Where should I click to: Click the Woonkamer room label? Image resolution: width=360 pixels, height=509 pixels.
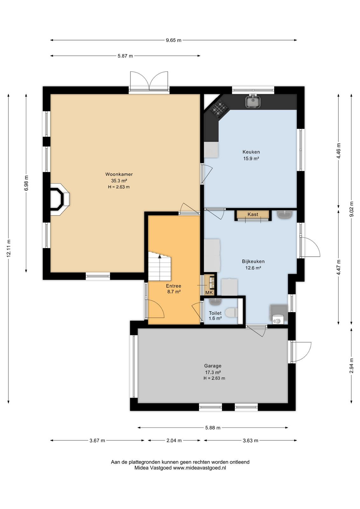click(119, 174)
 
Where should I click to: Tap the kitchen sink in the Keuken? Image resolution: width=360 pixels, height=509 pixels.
click(253, 101)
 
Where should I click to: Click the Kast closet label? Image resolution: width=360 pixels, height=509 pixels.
click(253, 214)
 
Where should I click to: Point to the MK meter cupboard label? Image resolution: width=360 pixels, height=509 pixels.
click(209, 293)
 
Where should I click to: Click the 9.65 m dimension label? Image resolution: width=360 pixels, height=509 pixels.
click(174, 40)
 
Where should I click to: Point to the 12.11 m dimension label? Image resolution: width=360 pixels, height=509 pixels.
click(9, 248)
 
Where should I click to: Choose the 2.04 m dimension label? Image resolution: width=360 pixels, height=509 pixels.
click(174, 441)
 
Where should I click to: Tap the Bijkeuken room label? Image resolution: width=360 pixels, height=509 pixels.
click(253, 261)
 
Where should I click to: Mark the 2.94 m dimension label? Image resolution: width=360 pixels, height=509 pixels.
click(351, 366)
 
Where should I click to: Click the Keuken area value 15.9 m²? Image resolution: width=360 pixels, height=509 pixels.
click(251, 159)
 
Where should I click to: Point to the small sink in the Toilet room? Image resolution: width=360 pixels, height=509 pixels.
click(215, 302)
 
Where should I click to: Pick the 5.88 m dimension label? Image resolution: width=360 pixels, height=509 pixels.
click(213, 428)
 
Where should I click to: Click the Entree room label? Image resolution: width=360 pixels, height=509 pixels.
click(174, 286)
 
